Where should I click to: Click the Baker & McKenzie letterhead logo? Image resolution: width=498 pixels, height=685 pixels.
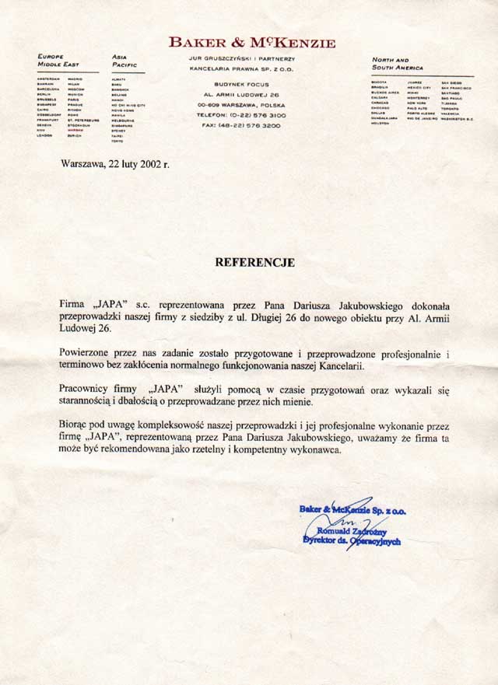coord(253,44)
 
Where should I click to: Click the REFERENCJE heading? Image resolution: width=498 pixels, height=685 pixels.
coord(254,263)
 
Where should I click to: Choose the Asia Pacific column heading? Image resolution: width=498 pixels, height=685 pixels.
coord(124,61)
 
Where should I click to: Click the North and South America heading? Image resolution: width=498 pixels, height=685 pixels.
coord(398,64)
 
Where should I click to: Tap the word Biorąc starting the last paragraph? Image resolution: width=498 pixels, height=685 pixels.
coord(75,426)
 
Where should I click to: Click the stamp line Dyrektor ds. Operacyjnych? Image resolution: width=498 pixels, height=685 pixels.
coord(351,540)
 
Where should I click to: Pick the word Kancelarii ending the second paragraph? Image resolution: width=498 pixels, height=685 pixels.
coord(336,365)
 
